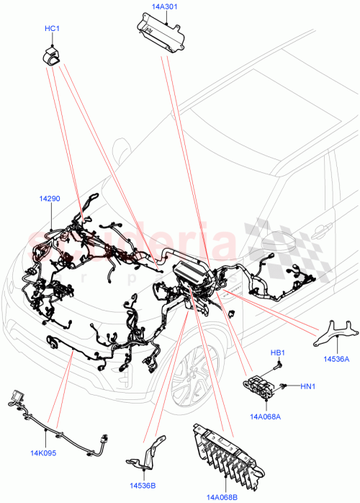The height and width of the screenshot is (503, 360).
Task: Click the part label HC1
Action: (x=53, y=29)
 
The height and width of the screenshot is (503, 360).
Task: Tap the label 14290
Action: (x=50, y=197)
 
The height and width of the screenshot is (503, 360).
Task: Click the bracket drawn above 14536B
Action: (x=148, y=456)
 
